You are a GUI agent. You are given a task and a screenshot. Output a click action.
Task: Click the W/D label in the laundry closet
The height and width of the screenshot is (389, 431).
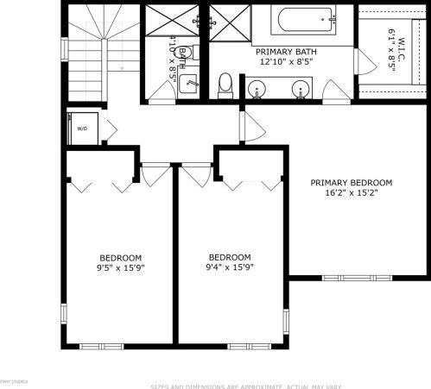(x=83, y=129)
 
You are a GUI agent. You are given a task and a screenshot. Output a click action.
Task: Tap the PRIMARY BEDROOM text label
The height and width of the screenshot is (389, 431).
(x=352, y=183)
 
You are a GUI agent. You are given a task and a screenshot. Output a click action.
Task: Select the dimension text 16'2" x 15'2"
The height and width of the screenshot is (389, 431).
(x=352, y=193)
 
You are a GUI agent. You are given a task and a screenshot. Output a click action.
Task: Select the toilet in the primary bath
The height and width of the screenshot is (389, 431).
(x=225, y=84)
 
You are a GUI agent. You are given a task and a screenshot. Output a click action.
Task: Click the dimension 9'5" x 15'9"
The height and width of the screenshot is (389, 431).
(x=121, y=267)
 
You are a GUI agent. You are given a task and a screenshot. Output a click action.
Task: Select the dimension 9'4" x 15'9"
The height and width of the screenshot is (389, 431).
(x=230, y=267)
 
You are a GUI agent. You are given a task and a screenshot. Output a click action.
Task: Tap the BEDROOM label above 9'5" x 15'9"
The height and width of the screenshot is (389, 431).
(x=121, y=257)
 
